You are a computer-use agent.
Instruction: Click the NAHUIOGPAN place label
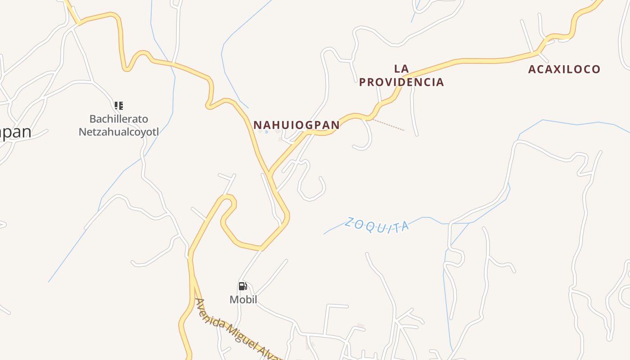click(296, 125)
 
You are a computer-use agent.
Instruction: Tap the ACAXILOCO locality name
click(564, 69)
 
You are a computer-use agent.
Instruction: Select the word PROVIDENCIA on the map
click(401, 82)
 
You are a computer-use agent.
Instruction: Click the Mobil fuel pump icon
click(243, 286)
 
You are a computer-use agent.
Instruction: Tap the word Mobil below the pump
click(243, 300)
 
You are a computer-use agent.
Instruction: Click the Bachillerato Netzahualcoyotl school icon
click(119, 106)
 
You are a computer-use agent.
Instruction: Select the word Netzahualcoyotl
click(119, 132)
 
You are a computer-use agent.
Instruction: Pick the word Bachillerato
click(119, 119)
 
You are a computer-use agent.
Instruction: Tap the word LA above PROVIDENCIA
click(401, 69)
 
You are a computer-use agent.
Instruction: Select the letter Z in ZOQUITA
click(350, 222)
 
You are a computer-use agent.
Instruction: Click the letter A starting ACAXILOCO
click(532, 69)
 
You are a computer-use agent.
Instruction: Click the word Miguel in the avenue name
click(243, 335)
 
